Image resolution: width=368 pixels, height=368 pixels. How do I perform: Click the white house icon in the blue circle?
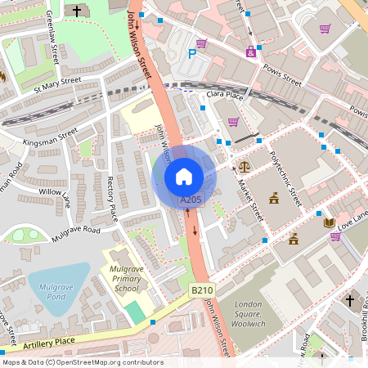[184, 176]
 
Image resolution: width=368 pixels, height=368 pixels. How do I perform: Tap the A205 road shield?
[190, 200]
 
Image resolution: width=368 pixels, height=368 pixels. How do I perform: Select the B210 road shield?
[202, 289]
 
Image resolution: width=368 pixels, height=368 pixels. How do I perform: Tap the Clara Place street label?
[226, 96]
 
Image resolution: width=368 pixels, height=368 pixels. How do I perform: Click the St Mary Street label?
[57, 83]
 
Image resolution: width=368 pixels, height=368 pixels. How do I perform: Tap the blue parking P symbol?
[192, 54]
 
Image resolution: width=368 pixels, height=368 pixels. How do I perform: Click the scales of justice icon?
[244, 167]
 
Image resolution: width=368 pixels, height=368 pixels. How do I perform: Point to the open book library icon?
[329, 222]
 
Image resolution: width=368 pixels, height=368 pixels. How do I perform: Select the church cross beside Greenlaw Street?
[78, 11]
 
